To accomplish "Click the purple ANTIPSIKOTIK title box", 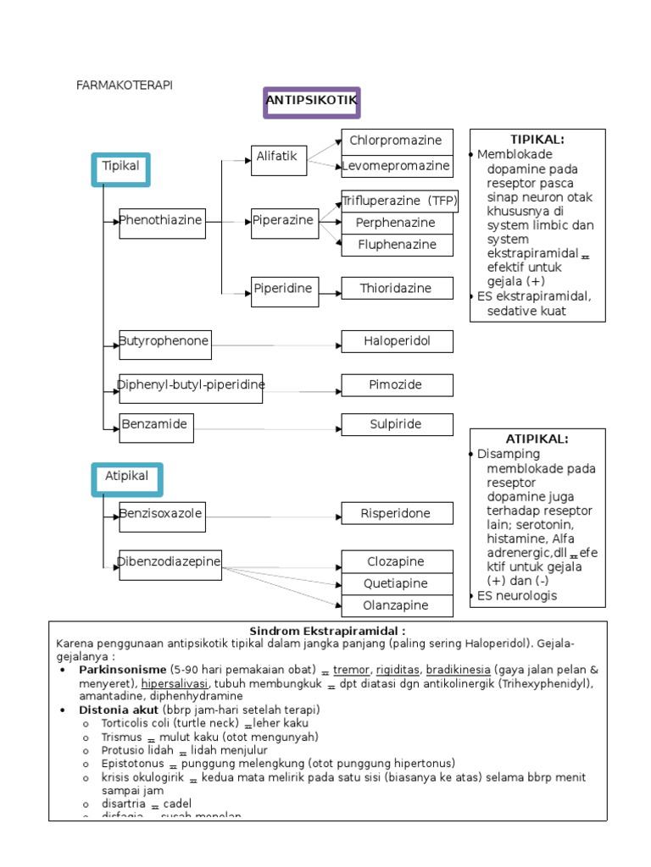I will [x=312, y=102].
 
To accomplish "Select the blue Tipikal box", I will [x=121, y=168].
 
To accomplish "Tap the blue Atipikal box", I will [x=127, y=478].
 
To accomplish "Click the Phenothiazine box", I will [x=162, y=222].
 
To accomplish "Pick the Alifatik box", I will [x=279, y=158].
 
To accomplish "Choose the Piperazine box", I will [x=284, y=222].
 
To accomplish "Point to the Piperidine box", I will [x=284, y=290].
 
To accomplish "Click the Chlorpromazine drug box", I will [x=397, y=141].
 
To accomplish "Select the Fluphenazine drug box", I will [x=397, y=246].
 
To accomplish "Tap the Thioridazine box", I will [x=397, y=290].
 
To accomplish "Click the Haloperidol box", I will [x=397, y=341].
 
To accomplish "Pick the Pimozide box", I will [x=397, y=385].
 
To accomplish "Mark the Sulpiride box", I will [x=397, y=425].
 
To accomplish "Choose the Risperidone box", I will [x=397, y=514].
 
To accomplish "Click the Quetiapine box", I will [x=397, y=584].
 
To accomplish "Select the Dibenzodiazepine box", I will [x=170, y=564].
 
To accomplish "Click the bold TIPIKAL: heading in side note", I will [x=537, y=140].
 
